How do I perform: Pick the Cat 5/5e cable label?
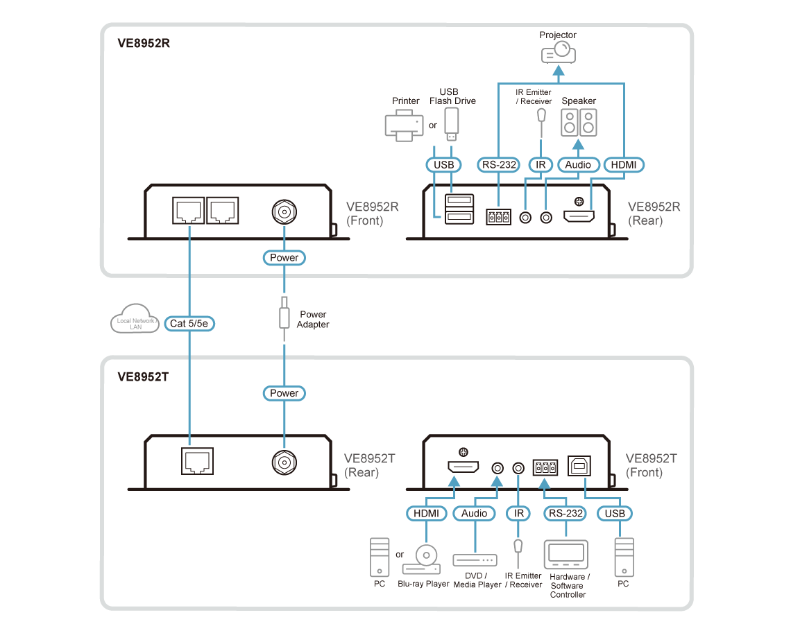click(x=189, y=323)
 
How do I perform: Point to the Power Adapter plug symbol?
click(x=284, y=316)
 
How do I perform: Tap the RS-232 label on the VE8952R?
click(x=498, y=165)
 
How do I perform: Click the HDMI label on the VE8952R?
click(x=623, y=165)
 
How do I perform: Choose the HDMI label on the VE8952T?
click(x=425, y=514)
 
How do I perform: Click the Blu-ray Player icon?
click(x=422, y=560)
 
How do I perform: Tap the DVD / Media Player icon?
click(x=475, y=559)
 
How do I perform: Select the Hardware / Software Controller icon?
click(x=567, y=555)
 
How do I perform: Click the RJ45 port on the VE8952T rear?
click(x=196, y=460)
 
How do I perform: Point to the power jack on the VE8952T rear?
click(x=284, y=460)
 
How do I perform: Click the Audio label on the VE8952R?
click(x=578, y=165)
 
